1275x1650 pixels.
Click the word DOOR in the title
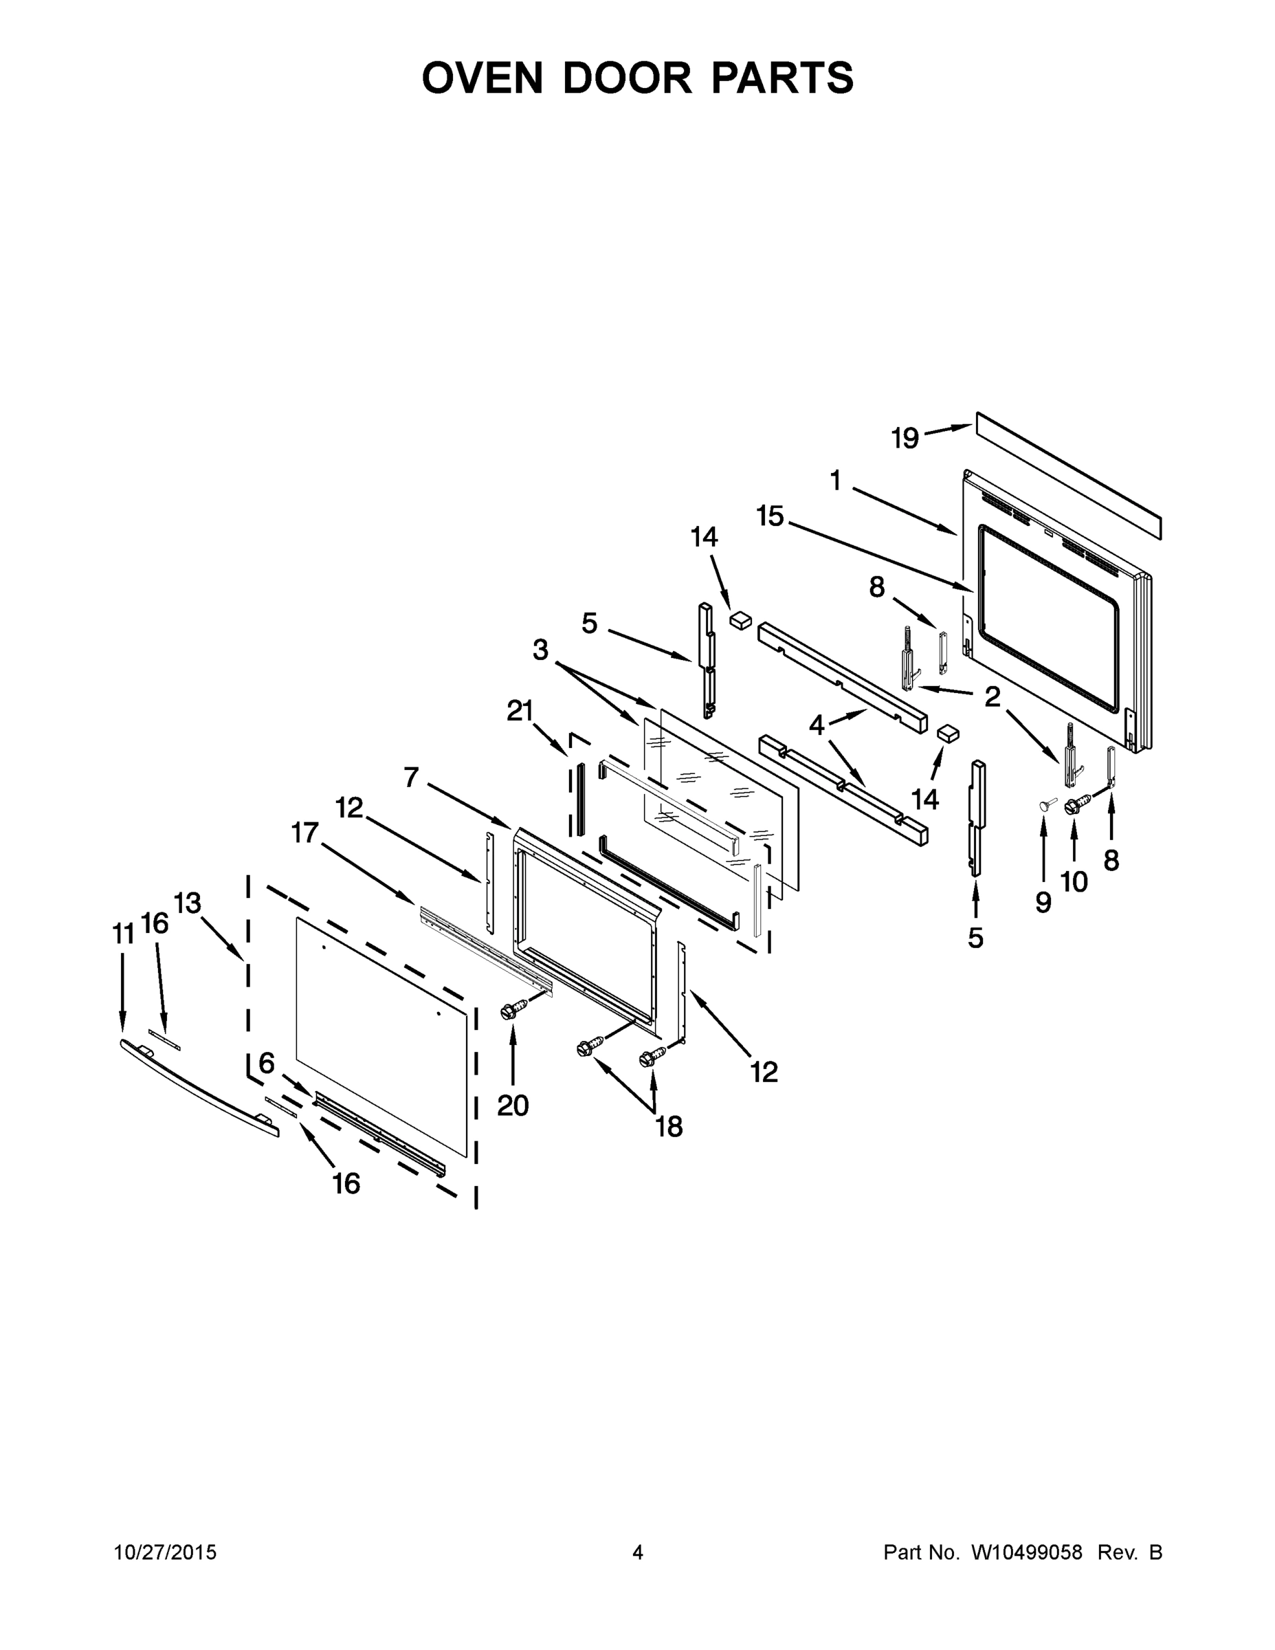click(x=626, y=78)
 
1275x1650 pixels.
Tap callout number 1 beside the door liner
click(x=835, y=481)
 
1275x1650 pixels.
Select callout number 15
click(x=770, y=517)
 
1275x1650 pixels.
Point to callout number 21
click(x=520, y=711)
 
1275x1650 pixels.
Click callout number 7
click(x=411, y=777)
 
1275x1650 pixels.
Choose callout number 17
click(x=305, y=833)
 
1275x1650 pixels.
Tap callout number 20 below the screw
click(x=513, y=1105)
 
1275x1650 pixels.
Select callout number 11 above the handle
click(x=123, y=934)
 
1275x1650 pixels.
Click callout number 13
click(x=188, y=903)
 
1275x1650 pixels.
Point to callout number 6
click(x=267, y=1064)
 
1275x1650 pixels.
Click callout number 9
click(x=1043, y=901)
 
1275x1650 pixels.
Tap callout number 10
click(x=1074, y=881)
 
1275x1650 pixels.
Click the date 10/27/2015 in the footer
click(x=165, y=1552)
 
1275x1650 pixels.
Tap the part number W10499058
click(x=1025, y=1552)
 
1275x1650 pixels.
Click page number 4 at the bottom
click(x=638, y=1552)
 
